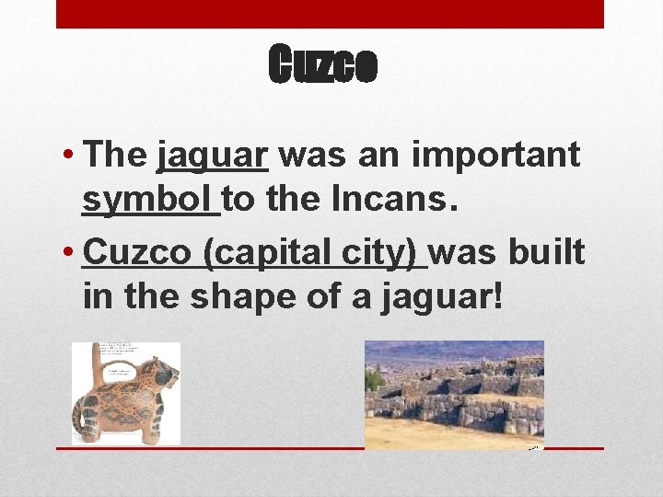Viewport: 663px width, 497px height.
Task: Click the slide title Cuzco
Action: tap(322, 64)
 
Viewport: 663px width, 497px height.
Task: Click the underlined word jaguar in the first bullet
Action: tap(213, 156)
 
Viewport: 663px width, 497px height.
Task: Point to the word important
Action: tap(496, 156)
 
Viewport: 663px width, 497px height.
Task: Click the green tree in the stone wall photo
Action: tap(374, 380)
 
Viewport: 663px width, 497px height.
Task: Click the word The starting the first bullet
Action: tap(115, 156)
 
